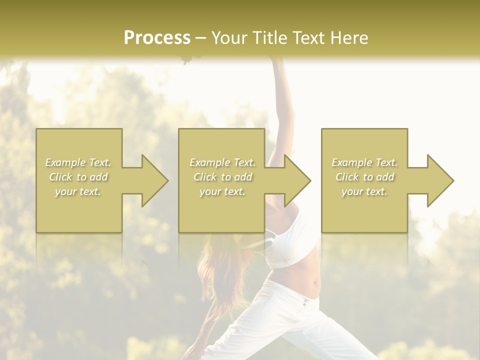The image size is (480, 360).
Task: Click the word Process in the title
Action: coord(157,38)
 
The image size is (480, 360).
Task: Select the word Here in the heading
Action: coord(350,38)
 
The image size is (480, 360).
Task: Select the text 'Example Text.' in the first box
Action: coord(78,162)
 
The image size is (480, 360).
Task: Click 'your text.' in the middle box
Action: coord(222,191)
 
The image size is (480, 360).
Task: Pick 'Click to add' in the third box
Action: coord(364,177)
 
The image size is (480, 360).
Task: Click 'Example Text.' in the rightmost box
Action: coord(364,162)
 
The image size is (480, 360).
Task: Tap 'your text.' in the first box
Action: coord(78,191)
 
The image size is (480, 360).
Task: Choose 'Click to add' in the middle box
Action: coord(222,177)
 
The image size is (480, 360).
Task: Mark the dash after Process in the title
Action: coord(200,38)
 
